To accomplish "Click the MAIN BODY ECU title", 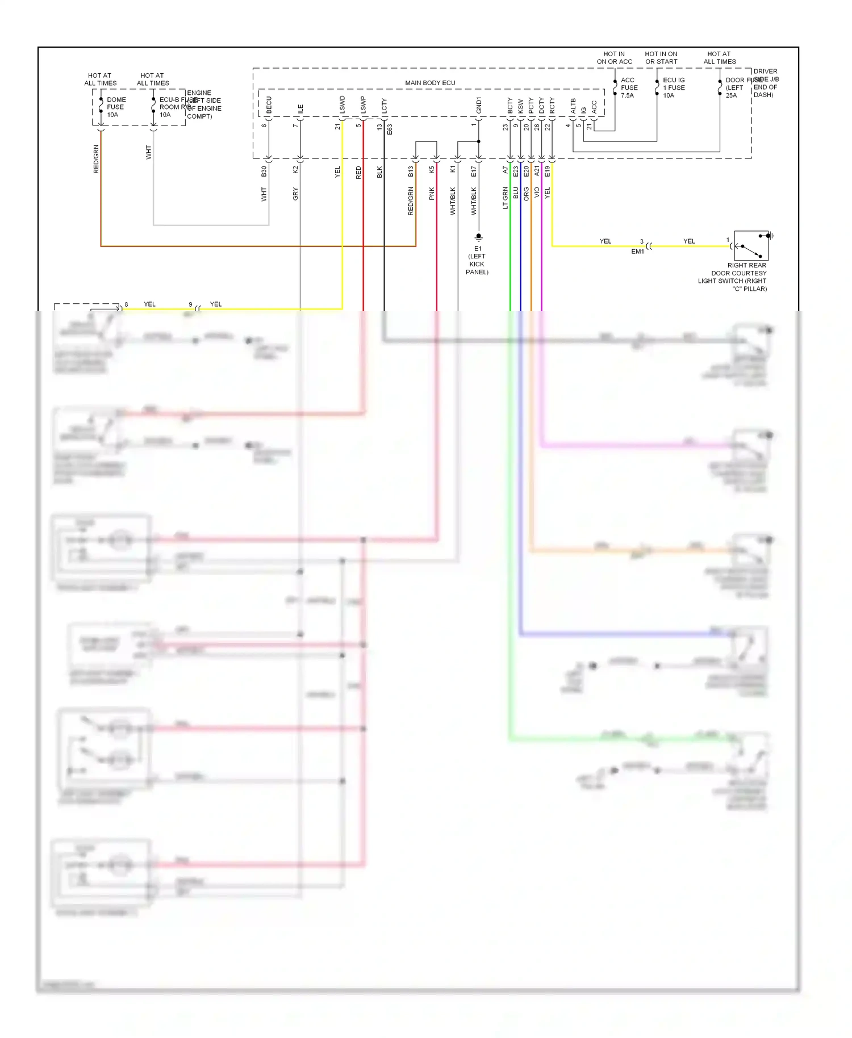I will click(430, 83).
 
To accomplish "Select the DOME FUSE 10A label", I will click(116, 107).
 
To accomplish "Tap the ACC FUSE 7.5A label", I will click(629, 87).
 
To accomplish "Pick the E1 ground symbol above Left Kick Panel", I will click(478, 237).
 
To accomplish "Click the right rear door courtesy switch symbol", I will click(751, 246).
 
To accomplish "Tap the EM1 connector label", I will click(637, 252).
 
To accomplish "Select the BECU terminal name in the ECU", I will click(269, 104).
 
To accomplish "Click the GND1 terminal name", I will click(479, 105).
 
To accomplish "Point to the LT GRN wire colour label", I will click(505, 198).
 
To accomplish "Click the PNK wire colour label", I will click(432, 193).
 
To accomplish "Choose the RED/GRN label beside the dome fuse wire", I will click(96, 159).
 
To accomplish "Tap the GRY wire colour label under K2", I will click(295, 194).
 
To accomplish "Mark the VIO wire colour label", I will click(537, 192).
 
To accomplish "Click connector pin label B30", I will click(264, 171).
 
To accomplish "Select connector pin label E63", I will click(390, 129).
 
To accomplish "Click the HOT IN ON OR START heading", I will click(661, 58).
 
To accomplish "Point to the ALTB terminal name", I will click(573, 105).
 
